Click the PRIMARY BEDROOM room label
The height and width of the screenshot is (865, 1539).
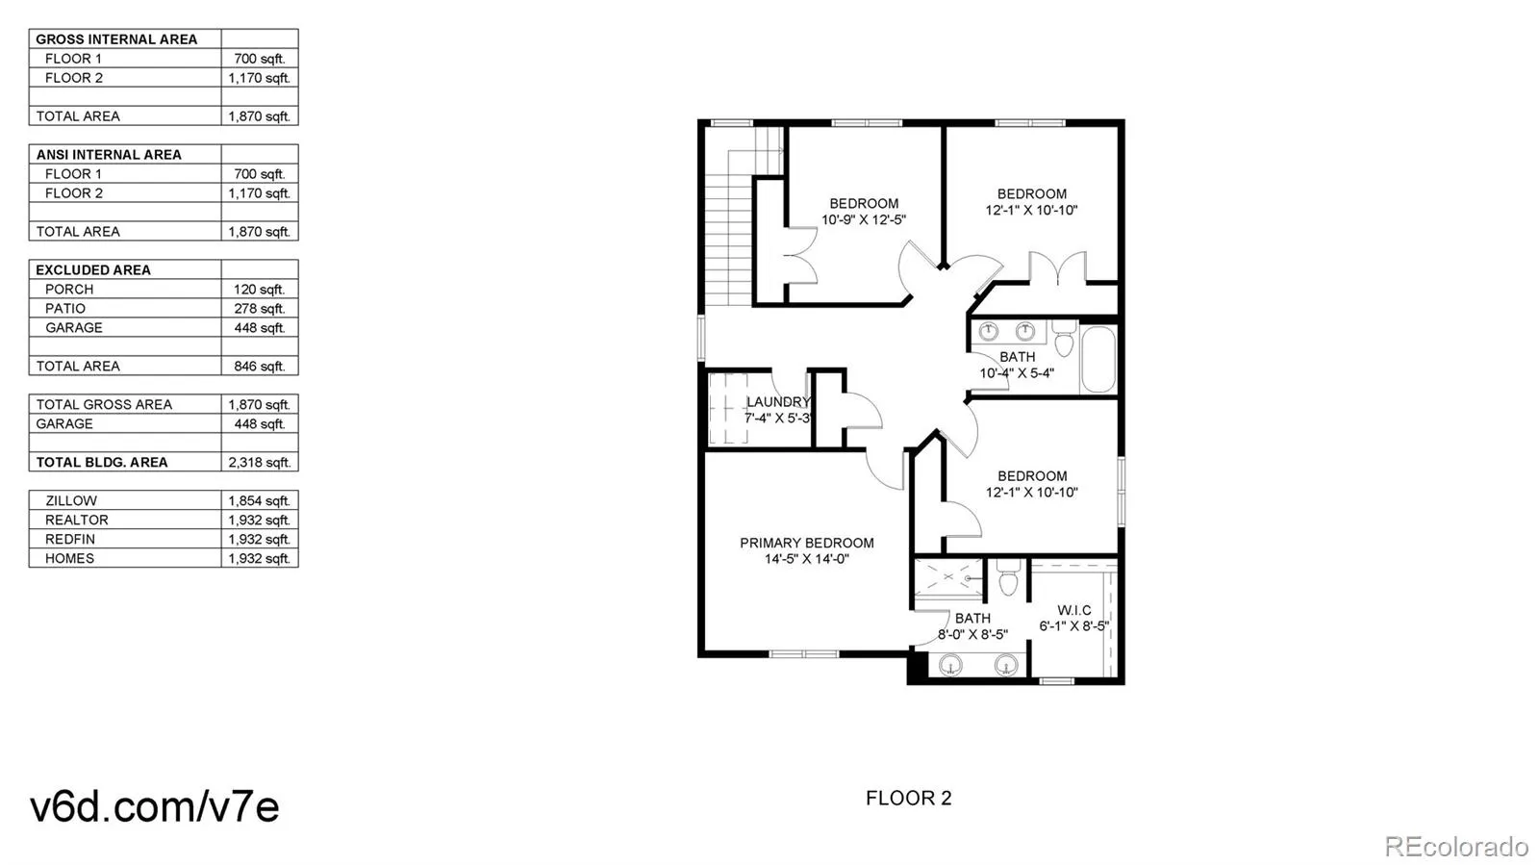point(806,543)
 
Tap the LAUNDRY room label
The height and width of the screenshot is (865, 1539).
point(778,402)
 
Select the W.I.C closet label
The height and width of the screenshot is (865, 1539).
point(1073,610)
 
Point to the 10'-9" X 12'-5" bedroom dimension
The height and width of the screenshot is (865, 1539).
point(863,220)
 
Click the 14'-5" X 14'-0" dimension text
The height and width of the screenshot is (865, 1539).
point(806,559)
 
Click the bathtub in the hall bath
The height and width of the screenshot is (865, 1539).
point(1097,360)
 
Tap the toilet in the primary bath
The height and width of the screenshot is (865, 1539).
point(1007,579)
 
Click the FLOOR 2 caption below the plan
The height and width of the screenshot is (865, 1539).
point(908,798)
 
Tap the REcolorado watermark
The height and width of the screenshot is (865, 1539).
point(1455,847)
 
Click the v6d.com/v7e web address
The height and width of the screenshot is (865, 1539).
point(155,805)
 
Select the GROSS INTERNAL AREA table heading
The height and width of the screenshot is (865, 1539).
point(116,39)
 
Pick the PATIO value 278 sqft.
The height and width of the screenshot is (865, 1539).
point(259,309)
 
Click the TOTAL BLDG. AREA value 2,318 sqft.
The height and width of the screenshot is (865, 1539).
point(259,463)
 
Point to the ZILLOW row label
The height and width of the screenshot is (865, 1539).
point(71,501)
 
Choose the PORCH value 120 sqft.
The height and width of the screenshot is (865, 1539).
point(259,290)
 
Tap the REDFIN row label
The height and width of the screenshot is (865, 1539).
point(70,540)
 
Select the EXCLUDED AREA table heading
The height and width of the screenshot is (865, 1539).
point(93,270)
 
